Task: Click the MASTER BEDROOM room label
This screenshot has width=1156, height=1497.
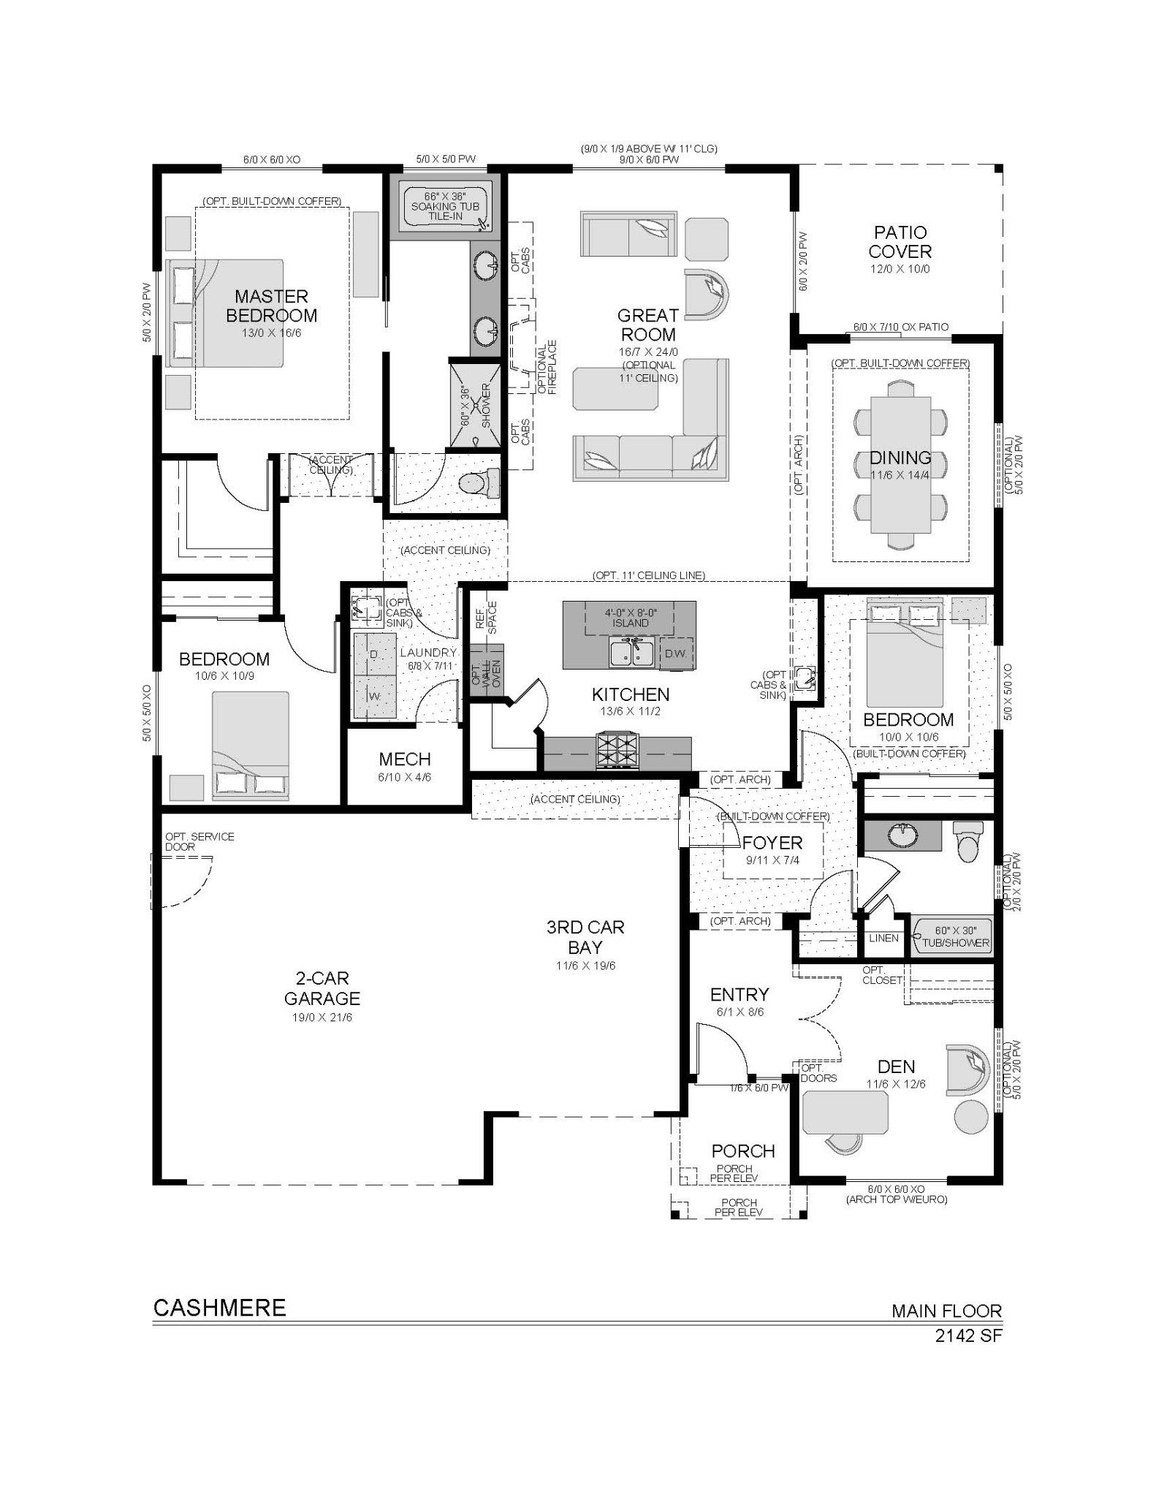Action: pos(271,306)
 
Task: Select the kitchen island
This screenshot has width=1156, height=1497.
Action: pos(629,634)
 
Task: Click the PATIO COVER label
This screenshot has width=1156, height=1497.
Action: pos(900,242)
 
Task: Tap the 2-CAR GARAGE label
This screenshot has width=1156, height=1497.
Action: pos(322,988)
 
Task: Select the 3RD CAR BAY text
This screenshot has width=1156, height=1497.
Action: pos(585,938)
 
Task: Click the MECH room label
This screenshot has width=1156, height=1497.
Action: pos(405,759)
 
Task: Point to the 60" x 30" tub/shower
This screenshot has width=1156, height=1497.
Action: pos(951,936)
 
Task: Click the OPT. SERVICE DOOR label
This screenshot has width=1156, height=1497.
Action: pos(199,841)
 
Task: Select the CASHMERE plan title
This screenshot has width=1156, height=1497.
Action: pos(219,1308)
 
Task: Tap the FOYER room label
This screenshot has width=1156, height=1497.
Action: pos(772,843)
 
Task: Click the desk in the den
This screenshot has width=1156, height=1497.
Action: pos(845,1113)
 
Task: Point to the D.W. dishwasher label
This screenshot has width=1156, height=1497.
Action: pos(675,653)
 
